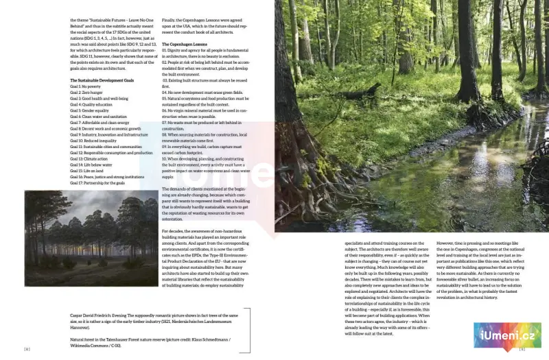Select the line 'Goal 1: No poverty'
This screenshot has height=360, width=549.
tap(86, 87)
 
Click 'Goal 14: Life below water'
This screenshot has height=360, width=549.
tap(91, 165)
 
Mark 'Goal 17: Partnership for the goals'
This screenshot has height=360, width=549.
tap(97, 182)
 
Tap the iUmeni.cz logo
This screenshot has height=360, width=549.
tap(507, 336)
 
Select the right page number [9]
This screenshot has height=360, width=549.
tap(522, 349)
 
